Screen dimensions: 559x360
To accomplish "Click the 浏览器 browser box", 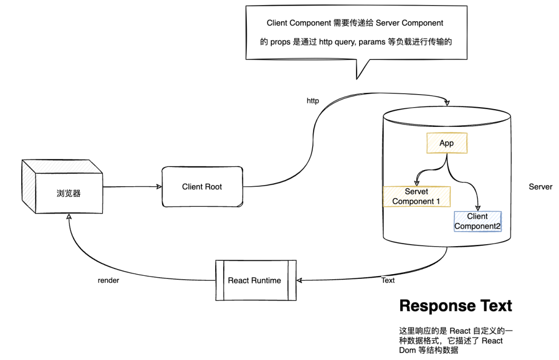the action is (x=63, y=186).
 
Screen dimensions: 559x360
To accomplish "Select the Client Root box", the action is (x=202, y=186).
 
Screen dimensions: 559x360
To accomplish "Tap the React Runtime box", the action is (x=256, y=280).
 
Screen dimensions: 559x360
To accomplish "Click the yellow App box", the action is (x=447, y=143).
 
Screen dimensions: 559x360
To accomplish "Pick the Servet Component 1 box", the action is (x=416, y=197).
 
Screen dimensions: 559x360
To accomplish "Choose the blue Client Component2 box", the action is (x=478, y=221).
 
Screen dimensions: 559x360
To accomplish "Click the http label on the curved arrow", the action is (x=313, y=101).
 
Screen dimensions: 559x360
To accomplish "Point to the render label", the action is (x=108, y=280).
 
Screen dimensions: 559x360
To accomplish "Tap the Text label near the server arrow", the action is (x=388, y=280).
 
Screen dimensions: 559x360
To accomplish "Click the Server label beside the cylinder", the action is (x=540, y=187).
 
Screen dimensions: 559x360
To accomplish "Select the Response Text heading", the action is (x=455, y=306).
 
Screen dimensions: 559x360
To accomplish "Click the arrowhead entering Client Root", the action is (x=159, y=186).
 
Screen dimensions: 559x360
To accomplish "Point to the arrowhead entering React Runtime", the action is (x=299, y=280).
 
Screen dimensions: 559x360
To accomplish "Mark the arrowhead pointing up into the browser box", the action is (x=69, y=216).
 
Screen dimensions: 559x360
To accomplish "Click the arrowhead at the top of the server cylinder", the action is (x=447, y=103).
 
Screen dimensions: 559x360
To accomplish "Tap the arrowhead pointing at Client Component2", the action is (x=478, y=208).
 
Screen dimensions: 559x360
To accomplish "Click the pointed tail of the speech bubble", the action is (x=357, y=79).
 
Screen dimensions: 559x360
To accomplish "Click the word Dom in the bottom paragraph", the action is (x=407, y=350).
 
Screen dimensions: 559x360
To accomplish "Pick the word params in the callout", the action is (x=372, y=42).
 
